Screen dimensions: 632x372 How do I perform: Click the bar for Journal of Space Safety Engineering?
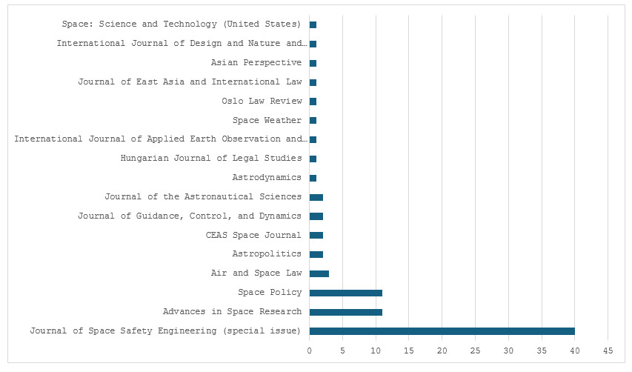point(442,331)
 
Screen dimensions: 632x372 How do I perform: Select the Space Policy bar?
point(346,293)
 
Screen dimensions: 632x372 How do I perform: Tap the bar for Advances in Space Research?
point(346,312)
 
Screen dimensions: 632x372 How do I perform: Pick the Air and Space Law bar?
point(319,273)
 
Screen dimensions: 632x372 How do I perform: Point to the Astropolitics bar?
point(316,254)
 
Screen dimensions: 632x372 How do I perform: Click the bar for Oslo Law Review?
point(313,102)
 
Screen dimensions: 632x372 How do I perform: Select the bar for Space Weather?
point(313,121)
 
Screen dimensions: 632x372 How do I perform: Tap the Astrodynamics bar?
point(313,178)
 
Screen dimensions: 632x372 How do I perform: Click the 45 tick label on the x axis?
point(608,351)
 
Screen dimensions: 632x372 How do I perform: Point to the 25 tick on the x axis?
point(475,351)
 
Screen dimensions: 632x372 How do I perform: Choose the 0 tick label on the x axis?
point(310,351)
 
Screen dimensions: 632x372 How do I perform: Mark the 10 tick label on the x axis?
point(376,351)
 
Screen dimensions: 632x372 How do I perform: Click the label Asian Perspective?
point(256,62)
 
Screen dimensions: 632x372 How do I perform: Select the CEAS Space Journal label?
point(253,235)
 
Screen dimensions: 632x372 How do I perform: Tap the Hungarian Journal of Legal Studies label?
point(211,158)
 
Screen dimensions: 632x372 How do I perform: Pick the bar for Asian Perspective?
point(313,63)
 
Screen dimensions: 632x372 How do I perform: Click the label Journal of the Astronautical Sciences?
point(203,196)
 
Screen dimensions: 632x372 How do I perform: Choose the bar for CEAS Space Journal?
point(316,236)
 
